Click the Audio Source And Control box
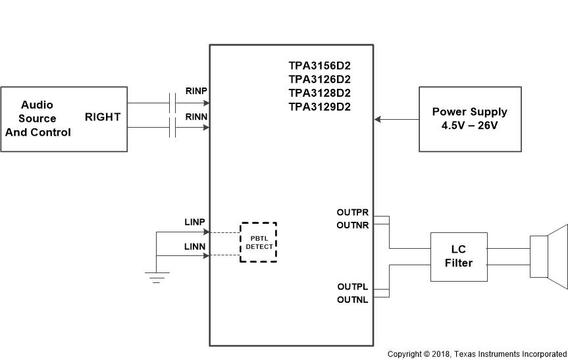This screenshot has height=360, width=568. click(64, 119)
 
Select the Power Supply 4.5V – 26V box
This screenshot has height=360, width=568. click(469, 119)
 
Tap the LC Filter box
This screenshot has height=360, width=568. click(459, 257)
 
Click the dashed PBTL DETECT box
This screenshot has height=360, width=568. click(258, 242)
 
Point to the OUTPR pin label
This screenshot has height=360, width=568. click(352, 213)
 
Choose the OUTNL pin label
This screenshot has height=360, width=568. click(352, 299)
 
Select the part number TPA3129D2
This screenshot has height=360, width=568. click(319, 106)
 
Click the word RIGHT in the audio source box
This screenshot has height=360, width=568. click(103, 117)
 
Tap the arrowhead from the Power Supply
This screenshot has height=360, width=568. click(378, 119)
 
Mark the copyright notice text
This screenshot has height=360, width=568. click(477, 354)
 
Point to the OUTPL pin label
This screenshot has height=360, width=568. click(352, 287)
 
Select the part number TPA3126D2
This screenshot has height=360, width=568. click(319, 79)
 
